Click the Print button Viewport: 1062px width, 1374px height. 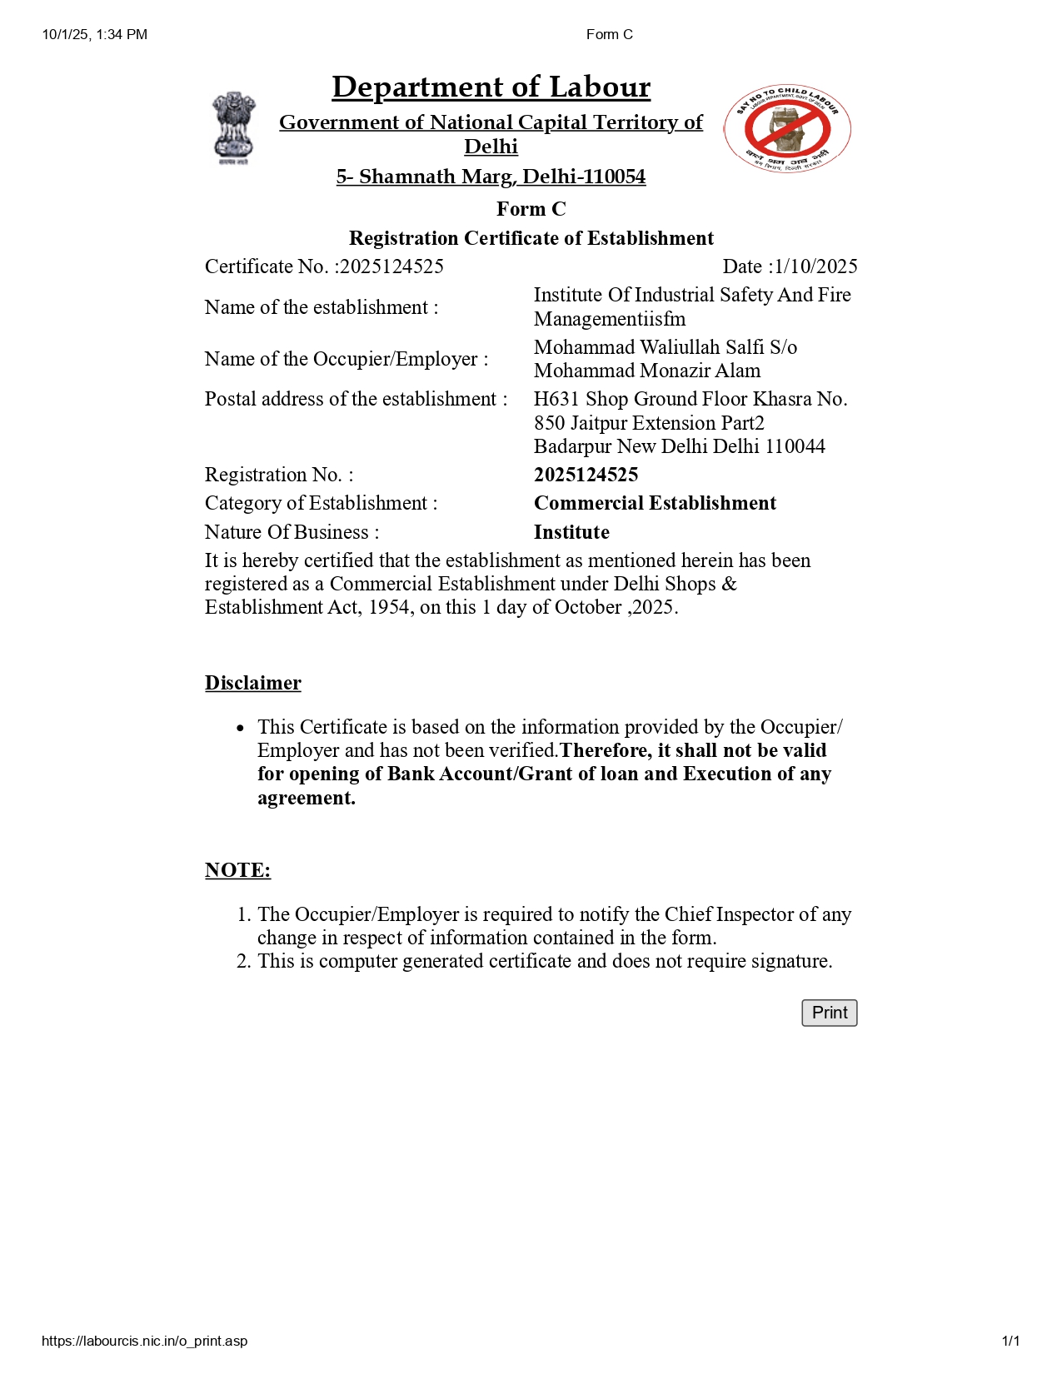(x=829, y=1013)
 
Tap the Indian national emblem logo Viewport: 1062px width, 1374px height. (x=233, y=127)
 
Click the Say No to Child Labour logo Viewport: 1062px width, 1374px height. (x=787, y=129)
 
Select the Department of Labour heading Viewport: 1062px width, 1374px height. (x=491, y=87)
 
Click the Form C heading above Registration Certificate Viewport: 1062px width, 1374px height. (x=531, y=209)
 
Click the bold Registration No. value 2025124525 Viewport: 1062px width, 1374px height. (x=586, y=475)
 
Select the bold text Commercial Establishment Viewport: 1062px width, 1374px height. (x=655, y=503)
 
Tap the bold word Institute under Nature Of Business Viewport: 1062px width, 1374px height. (x=571, y=532)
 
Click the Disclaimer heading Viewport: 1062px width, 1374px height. (x=253, y=683)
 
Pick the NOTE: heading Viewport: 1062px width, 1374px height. (x=237, y=870)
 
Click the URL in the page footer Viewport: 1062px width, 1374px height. (x=144, y=1341)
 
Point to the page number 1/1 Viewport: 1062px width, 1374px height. (x=1010, y=1341)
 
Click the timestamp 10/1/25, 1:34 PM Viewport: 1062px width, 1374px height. (x=95, y=34)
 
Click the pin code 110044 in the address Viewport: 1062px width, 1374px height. (x=795, y=446)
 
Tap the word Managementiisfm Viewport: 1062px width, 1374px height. (x=610, y=319)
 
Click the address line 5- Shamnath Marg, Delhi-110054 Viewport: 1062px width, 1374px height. (x=491, y=177)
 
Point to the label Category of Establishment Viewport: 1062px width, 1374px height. (x=321, y=503)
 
